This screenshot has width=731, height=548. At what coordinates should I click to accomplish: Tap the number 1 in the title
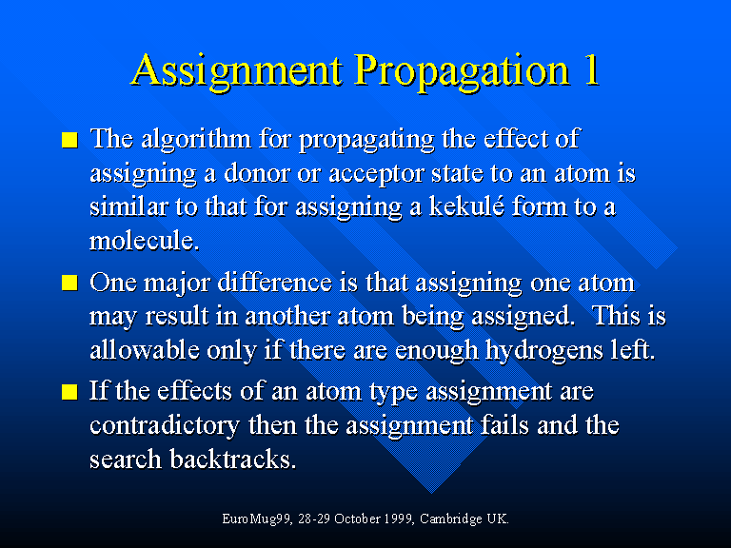coord(591,68)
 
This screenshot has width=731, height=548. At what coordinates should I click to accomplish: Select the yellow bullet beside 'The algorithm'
coord(69,140)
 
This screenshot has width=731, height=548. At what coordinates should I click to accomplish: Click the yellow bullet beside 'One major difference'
coord(69,283)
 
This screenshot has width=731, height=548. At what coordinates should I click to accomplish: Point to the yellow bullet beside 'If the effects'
coord(69,391)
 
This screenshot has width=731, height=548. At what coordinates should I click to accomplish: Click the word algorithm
coord(196,139)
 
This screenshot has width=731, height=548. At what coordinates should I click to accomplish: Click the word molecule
coord(144,241)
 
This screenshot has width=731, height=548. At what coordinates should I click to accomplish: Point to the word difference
coord(274,282)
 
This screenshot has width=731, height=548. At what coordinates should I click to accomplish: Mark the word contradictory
coord(165,425)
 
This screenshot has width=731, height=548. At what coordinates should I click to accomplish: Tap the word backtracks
coord(232,459)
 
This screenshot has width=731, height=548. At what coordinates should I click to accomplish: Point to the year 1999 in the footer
coord(399,519)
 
